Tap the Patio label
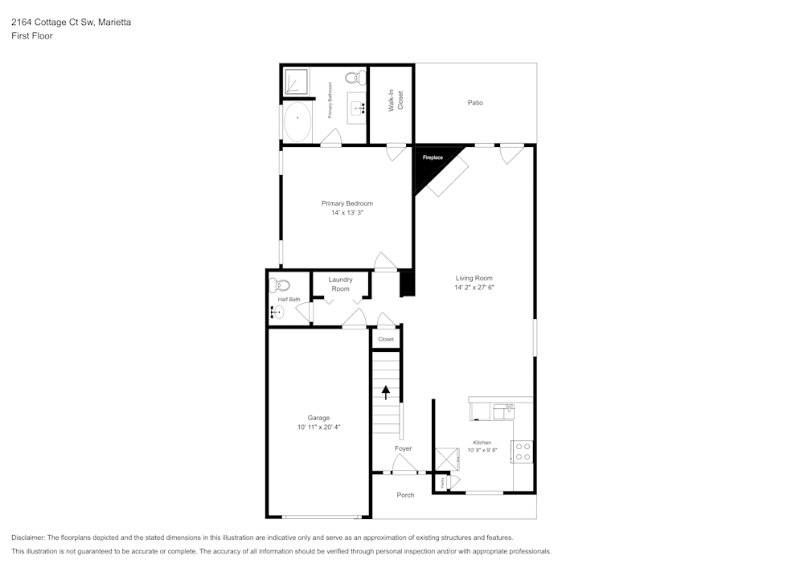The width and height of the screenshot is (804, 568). coord(475,103)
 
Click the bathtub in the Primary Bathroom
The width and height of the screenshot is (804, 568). coord(298,121)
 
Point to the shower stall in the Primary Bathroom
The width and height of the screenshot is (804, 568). coord(297,81)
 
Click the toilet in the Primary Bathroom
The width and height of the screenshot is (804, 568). coord(352,78)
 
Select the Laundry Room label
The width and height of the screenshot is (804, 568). coord(340,284)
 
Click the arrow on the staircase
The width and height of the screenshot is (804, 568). coord(386,392)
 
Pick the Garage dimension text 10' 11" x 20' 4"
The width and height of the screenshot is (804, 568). coord(318,427)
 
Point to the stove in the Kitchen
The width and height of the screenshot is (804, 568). coord(522,452)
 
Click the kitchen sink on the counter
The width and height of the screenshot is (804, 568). coord(503,410)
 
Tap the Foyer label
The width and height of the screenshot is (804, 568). coord(403,448)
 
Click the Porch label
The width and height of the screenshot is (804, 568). coord(405,495)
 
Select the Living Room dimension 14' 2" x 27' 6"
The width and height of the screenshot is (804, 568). coord(474,287)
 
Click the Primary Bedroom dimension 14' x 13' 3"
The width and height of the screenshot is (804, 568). coord(347,213)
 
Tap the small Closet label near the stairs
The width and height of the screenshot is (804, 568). coord(386,339)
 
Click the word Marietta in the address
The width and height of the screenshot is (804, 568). coord(113,22)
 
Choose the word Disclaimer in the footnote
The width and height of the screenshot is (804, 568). coord(29,537)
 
